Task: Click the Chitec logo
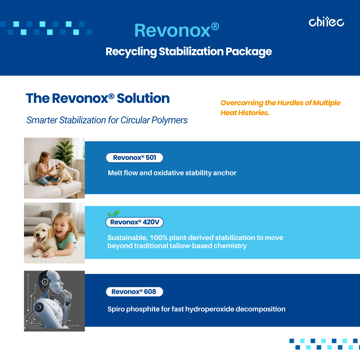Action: point(326,22)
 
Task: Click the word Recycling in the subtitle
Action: point(131,52)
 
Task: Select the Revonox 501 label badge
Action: point(134,157)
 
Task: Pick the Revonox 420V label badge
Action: point(134,222)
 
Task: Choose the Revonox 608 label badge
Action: point(134,292)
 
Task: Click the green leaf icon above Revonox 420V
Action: point(113,213)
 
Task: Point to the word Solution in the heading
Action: point(143,98)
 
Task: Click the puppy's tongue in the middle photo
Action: point(39,240)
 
